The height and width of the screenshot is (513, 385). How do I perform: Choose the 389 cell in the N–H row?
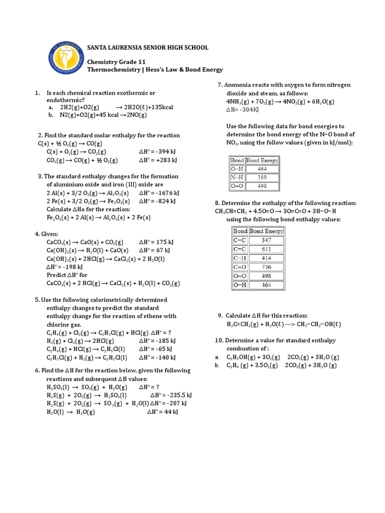(261, 177)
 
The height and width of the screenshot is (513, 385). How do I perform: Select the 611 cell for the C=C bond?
(266, 248)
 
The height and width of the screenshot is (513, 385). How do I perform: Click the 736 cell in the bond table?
(266, 267)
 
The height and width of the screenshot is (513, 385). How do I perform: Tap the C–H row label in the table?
(240, 258)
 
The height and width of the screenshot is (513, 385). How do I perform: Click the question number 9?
(220, 316)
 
